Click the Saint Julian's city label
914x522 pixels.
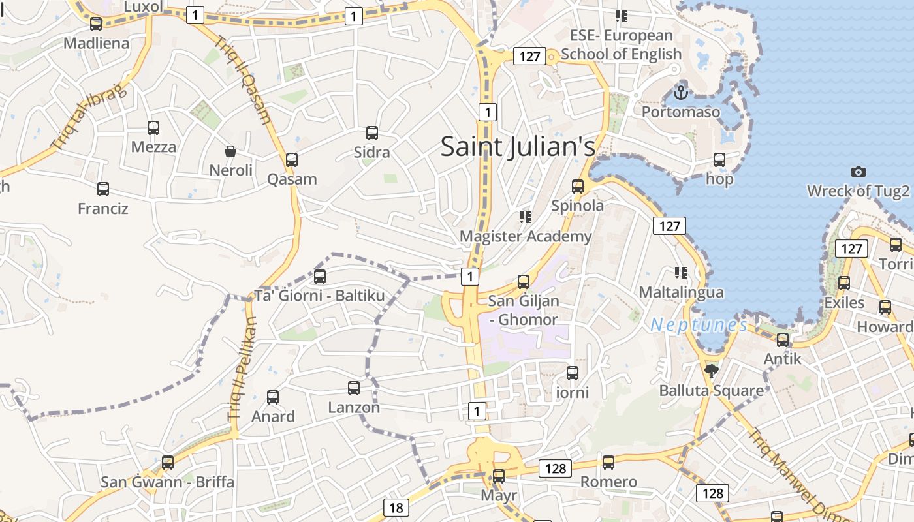click(x=518, y=146)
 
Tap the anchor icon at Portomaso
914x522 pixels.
click(x=681, y=93)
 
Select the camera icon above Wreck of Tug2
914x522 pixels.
click(x=859, y=172)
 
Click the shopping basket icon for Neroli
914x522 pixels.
click(x=230, y=151)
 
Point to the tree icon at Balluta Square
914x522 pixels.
click(x=711, y=371)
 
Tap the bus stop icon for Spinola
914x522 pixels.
click(x=578, y=187)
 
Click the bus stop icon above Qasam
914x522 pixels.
click(x=292, y=160)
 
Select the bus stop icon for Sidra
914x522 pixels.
click(x=372, y=133)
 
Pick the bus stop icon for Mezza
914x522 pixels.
click(x=153, y=128)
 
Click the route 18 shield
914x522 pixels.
click(x=396, y=508)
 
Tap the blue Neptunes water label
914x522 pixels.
click(x=699, y=324)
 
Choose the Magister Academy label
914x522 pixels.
click(x=526, y=236)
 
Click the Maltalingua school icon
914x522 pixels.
click(x=681, y=273)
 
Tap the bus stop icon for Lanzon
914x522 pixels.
click(x=354, y=388)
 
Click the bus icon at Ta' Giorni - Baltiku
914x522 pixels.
click(x=320, y=277)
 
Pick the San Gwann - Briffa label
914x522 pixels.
click(x=167, y=482)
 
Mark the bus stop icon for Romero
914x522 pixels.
click(x=608, y=463)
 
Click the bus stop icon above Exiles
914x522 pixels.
click(x=844, y=283)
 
